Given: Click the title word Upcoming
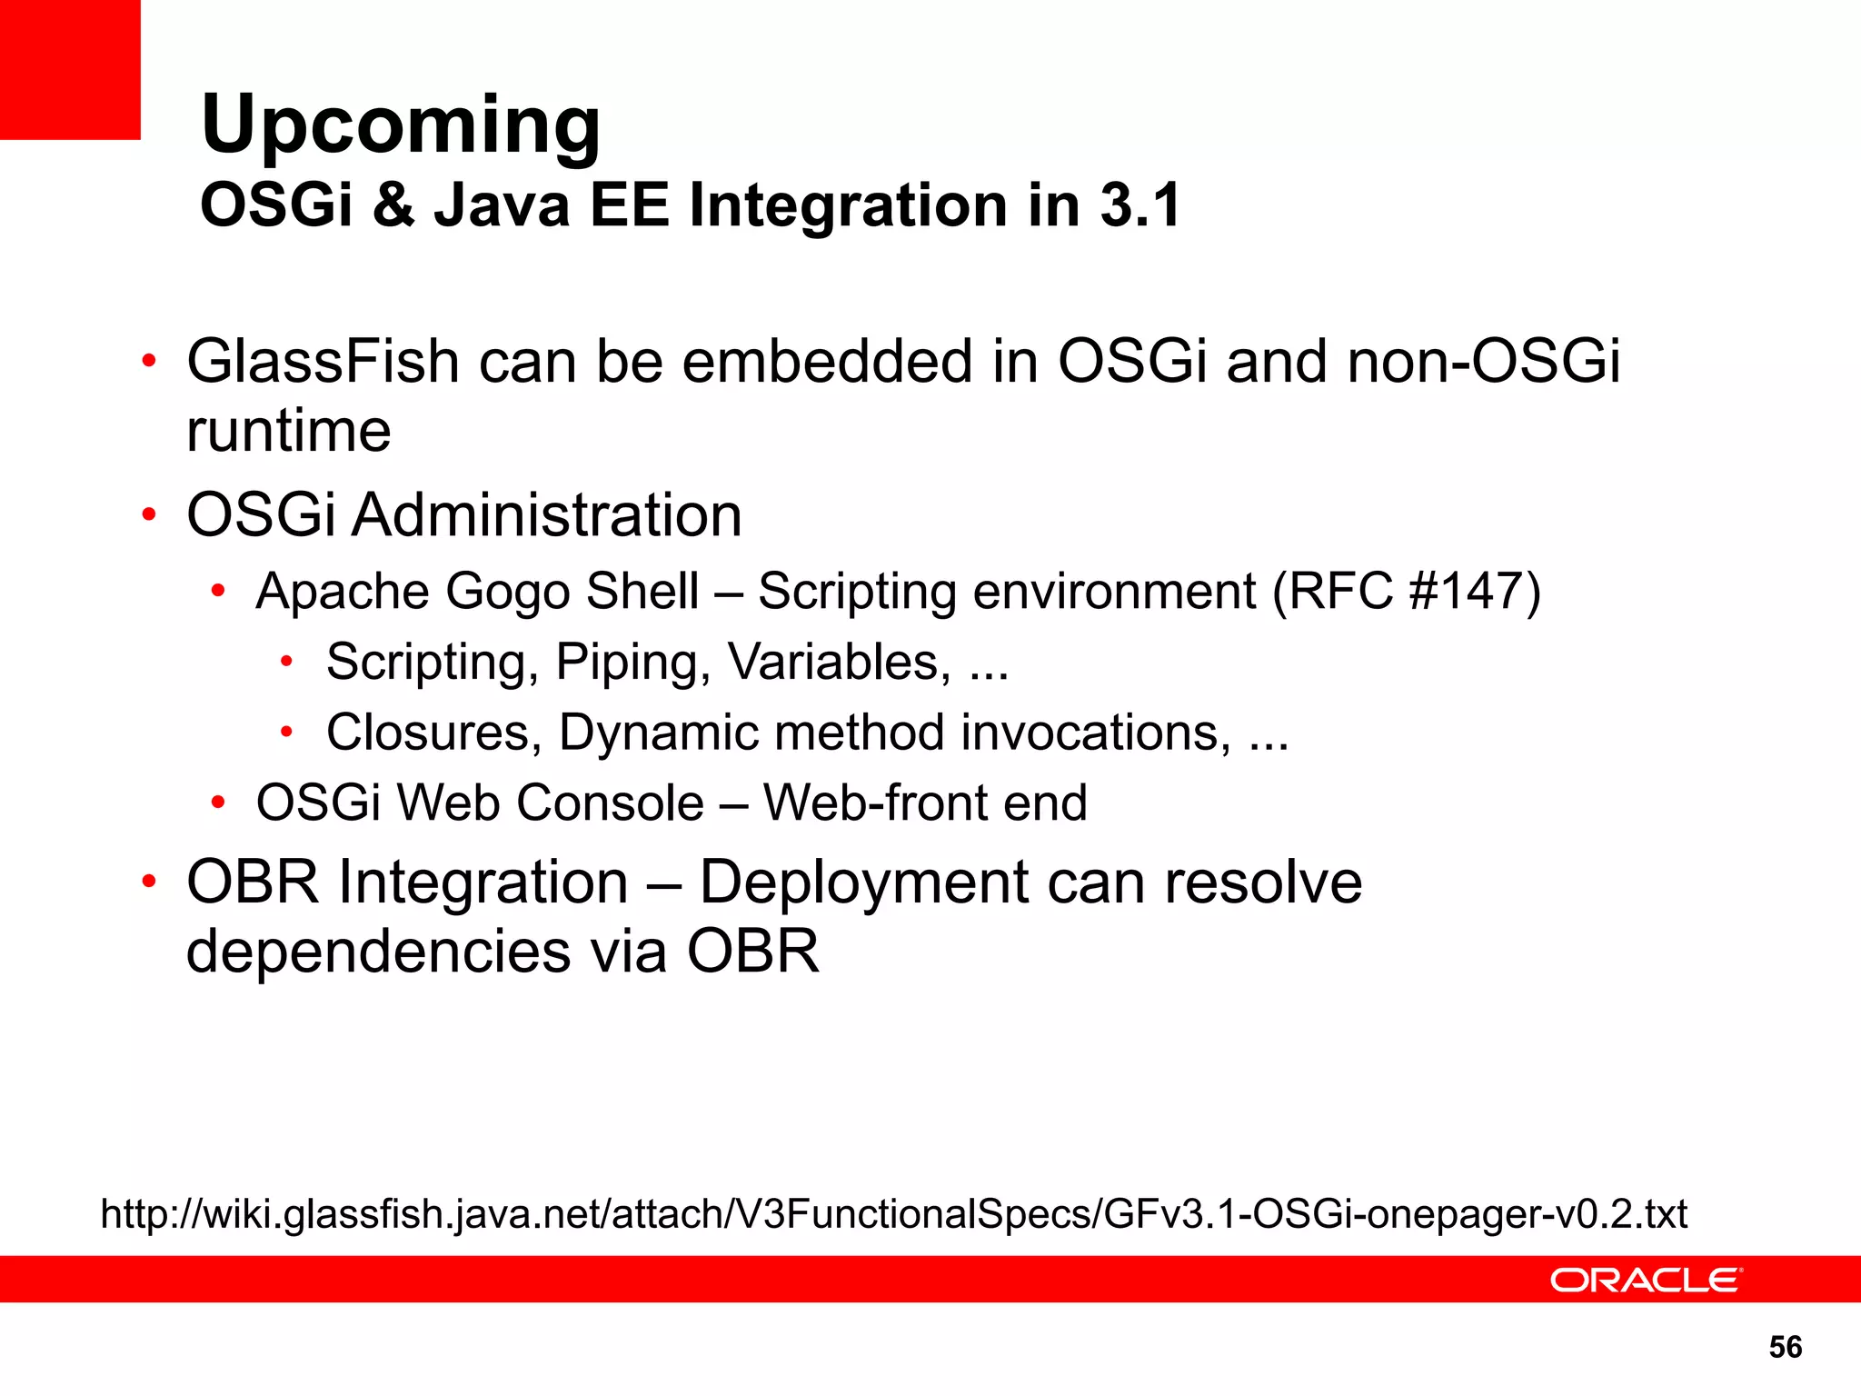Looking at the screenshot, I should (400, 125).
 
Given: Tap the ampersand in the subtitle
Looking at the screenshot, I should (393, 205).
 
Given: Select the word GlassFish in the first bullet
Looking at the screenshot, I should (323, 362).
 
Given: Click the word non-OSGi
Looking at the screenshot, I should (1484, 362).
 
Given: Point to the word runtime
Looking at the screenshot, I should (288, 431).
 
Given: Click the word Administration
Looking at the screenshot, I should (547, 515).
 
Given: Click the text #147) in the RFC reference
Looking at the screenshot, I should (1474, 592).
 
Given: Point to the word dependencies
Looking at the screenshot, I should (378, 952).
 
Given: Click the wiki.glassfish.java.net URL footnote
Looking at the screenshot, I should (893, 1214).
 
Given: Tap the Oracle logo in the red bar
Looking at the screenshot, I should (1645, 1280).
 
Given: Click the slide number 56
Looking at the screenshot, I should (1785, 1347).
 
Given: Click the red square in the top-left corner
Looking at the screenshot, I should (70, 69).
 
